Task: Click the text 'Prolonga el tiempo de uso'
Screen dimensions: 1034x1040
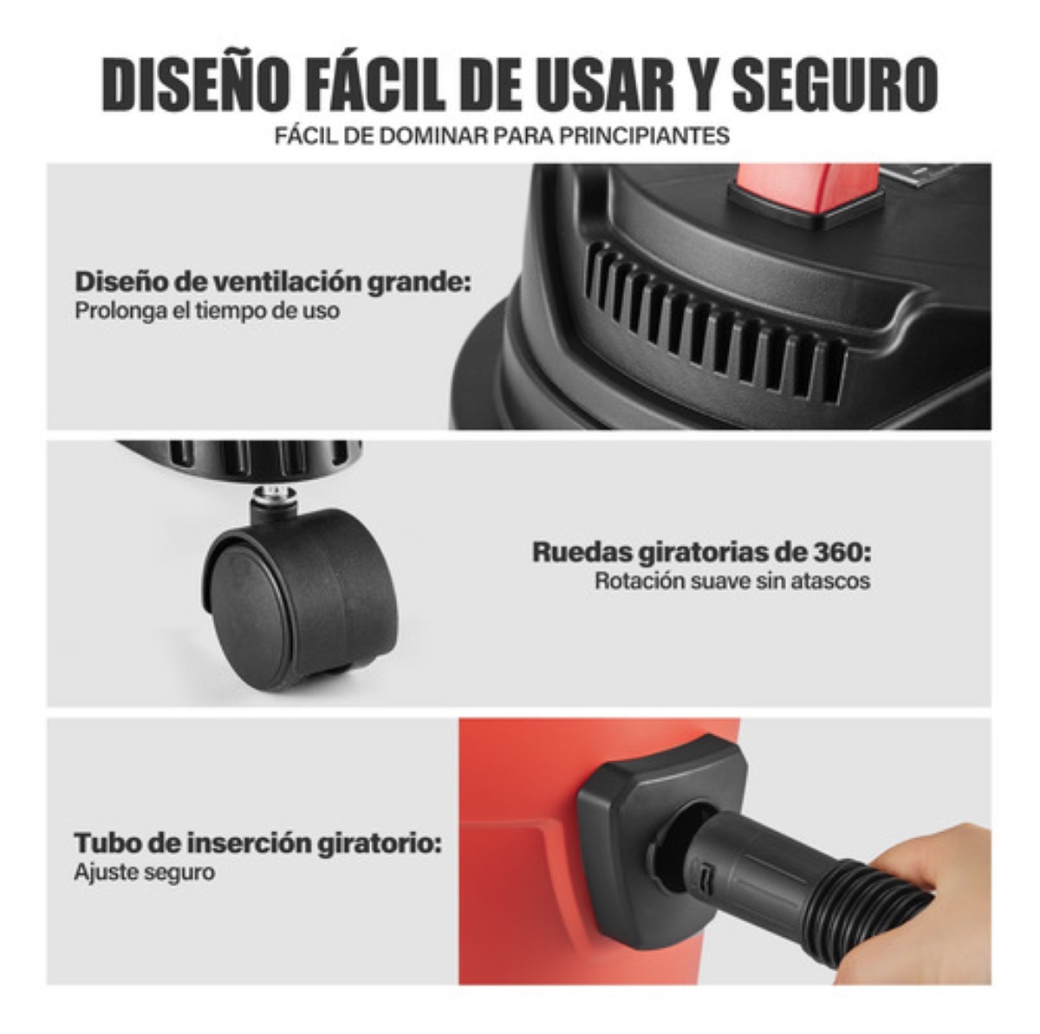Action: [x=206, y=310]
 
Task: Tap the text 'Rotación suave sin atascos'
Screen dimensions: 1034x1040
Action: [x=732, y=581]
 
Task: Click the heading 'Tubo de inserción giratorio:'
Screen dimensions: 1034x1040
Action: [x=257, y=843]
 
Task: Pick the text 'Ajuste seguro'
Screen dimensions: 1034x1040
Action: [x=144, y=871]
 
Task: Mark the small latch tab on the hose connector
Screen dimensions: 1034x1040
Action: [x=705, y=876]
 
